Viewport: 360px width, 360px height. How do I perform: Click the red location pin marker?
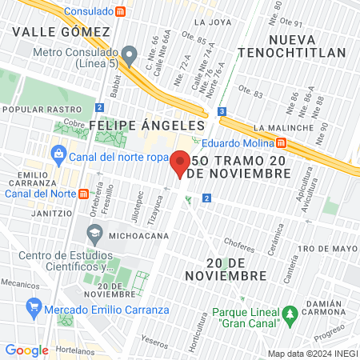[180, 164]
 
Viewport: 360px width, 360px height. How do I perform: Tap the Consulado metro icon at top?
[120, 11]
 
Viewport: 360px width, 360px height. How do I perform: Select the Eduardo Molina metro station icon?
[282, 144]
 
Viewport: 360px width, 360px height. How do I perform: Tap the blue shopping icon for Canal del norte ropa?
[59, 155]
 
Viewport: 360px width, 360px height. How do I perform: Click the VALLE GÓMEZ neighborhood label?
[61, 31]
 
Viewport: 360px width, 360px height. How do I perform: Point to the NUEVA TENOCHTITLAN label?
[308, 46]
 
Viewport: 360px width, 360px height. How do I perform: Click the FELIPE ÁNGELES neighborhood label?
[147, 126]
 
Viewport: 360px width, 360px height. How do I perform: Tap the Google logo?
[26, 350]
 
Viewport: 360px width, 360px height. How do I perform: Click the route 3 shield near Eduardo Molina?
[221, 112]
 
